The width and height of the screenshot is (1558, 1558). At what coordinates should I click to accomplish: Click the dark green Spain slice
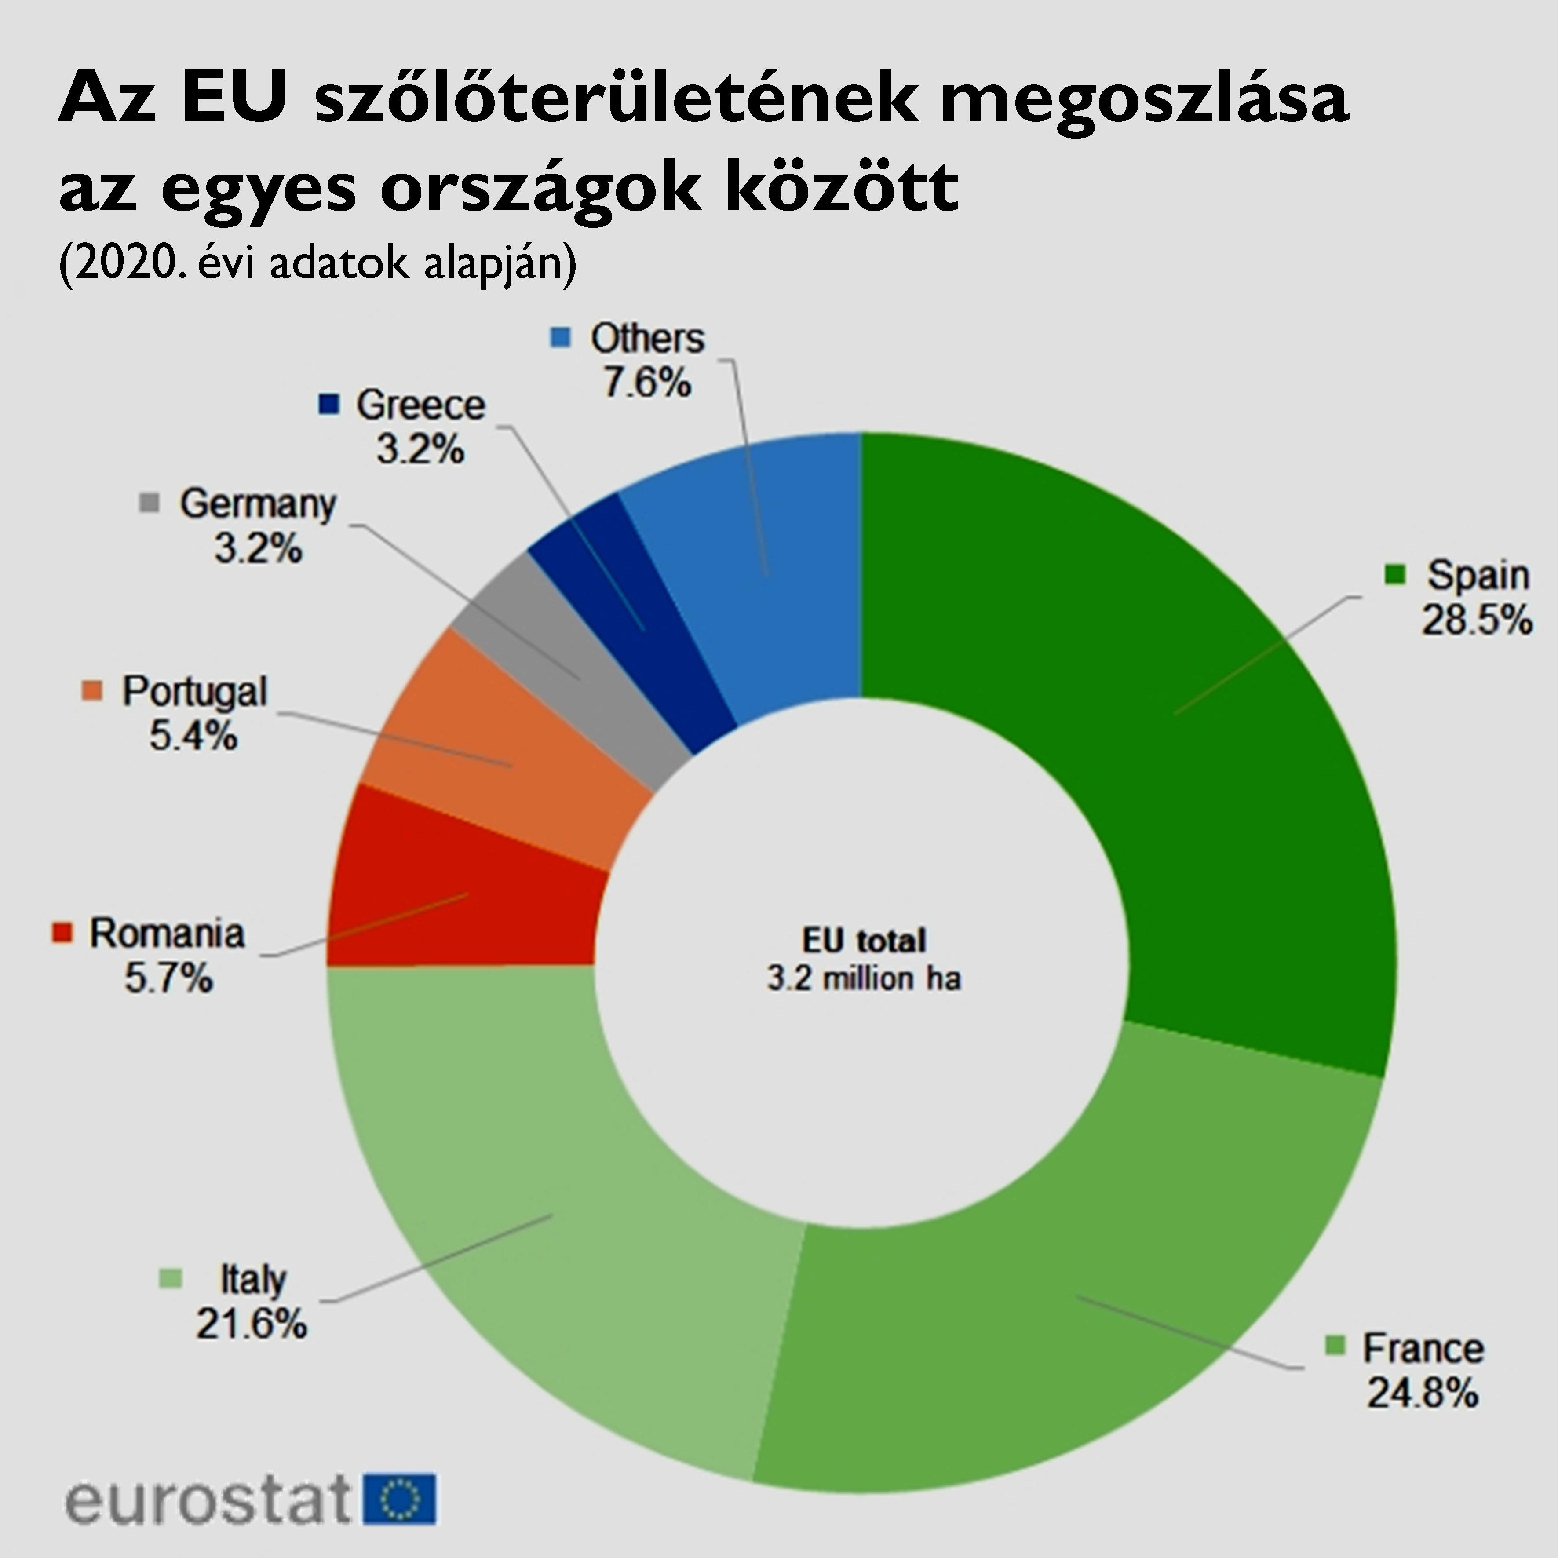click(x=1169, y=726)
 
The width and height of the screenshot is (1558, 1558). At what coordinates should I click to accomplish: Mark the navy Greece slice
click(x=637, y=613)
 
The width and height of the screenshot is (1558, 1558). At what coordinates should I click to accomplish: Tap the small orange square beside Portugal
click(x=93, y=690)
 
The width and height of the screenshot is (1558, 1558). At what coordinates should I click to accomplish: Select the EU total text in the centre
click(x=864, y=940)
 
